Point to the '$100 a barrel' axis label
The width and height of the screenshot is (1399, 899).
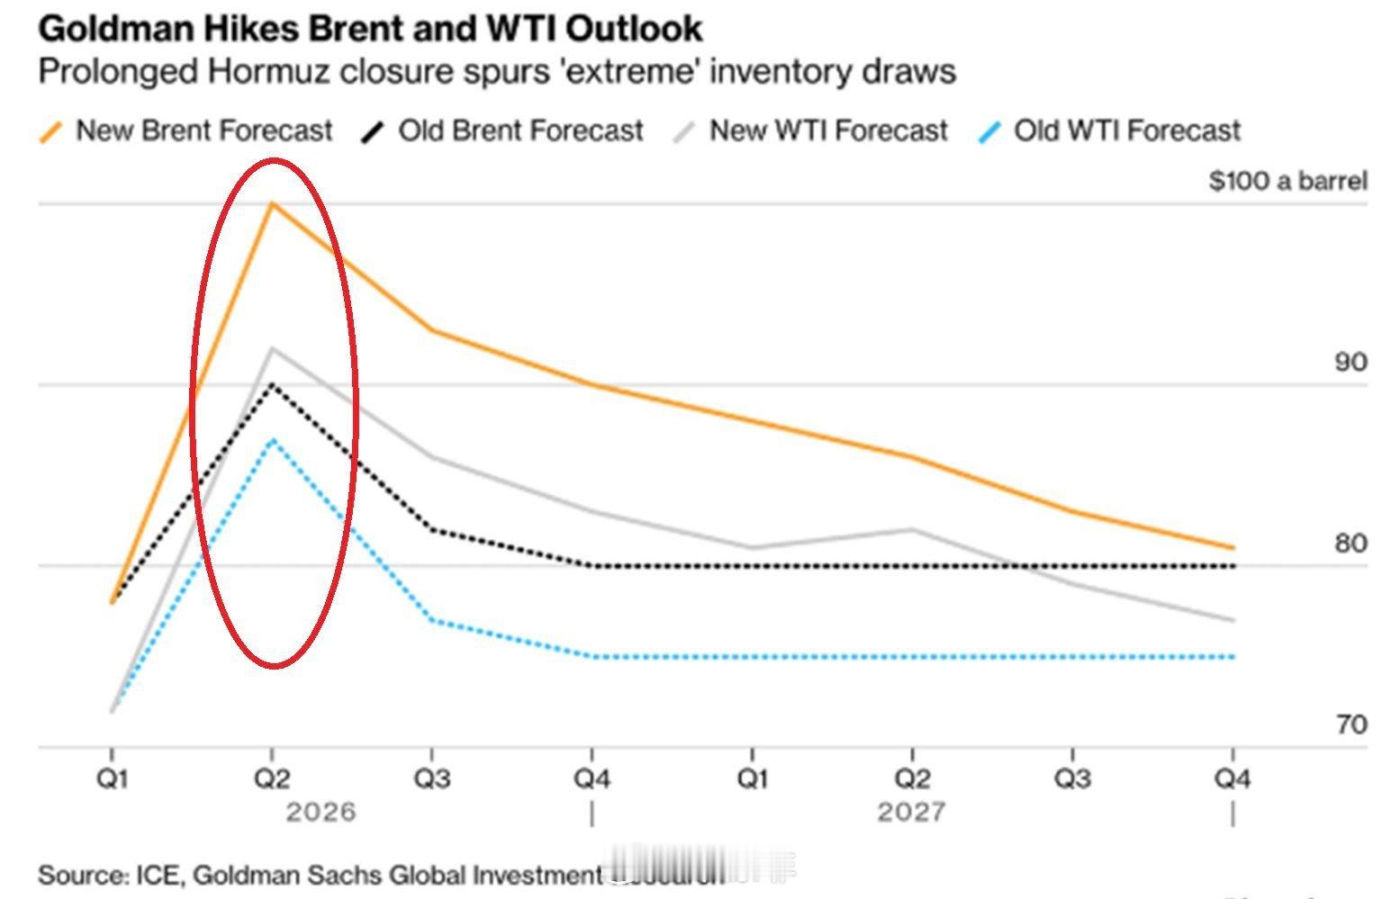point(1287,181)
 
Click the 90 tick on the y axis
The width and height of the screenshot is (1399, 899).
point(1349,363)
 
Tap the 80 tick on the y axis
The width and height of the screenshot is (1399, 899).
point(1350,544)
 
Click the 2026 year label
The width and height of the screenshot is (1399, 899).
point(320,813)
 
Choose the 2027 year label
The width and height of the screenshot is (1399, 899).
point(911,813)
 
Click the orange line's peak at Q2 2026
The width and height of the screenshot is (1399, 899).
point(272,203)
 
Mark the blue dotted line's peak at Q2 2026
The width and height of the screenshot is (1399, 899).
point(272,439)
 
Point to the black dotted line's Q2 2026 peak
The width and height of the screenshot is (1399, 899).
point(272,384)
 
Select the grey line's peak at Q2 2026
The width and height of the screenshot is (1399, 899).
point(272,348)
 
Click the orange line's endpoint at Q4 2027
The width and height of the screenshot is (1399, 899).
point(1232,547)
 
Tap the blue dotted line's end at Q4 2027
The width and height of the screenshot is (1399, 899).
point(1232,657)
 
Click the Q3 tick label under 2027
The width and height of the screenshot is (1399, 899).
point(1072,778)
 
